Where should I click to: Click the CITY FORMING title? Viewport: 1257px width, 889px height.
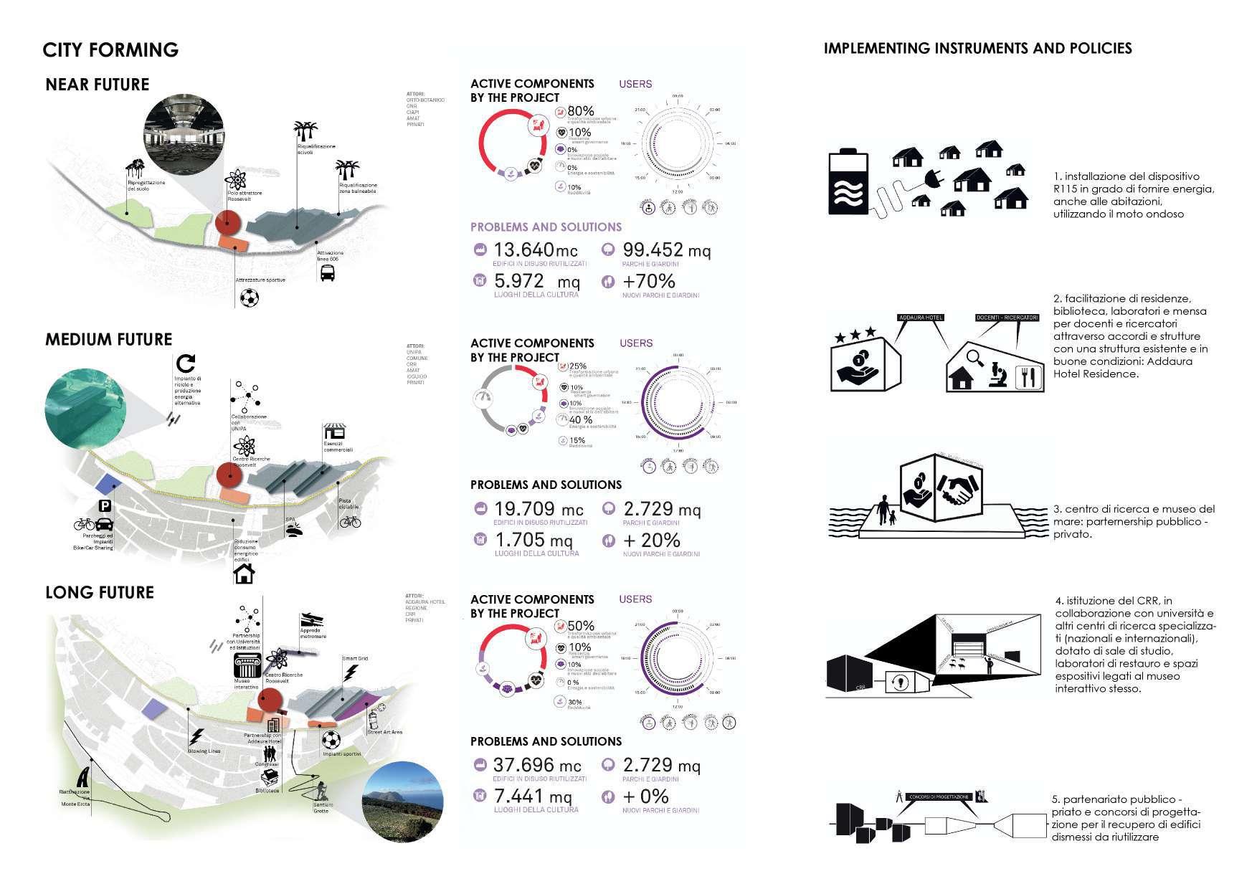[110, 49]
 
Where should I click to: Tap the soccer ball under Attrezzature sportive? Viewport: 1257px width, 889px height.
[250, 298]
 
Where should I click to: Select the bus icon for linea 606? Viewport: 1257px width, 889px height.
[328, 273]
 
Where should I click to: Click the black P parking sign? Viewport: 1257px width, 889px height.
[105, 507]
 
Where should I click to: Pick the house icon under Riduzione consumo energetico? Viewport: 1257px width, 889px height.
[245, 574]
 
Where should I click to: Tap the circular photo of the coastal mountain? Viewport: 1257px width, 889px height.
[402, 802]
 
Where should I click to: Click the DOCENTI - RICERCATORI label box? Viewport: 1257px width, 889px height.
[1007, 318]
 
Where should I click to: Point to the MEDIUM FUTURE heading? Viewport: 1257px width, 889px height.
[109, 340]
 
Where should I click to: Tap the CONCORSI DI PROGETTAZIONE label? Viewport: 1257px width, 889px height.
[940, 797]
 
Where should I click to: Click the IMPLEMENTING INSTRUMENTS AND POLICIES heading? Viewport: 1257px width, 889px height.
[977, 49]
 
